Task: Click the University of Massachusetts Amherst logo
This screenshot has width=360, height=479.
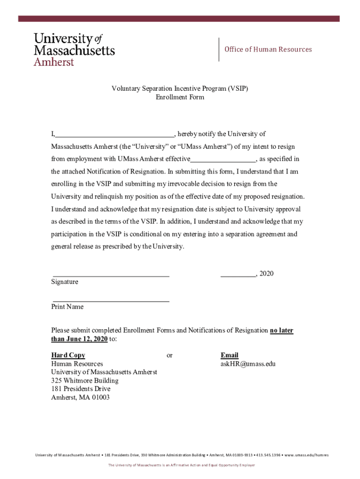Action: pos(73,49)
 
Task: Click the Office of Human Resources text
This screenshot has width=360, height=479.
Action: pos(268,50)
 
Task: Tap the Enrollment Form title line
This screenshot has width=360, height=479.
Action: pos(180,98)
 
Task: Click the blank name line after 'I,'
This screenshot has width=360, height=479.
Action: pos(115,134)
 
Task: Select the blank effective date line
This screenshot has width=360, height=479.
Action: pos(223,159)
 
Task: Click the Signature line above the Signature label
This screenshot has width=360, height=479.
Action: pos(111,276)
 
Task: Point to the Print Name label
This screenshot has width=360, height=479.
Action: pos(67,307)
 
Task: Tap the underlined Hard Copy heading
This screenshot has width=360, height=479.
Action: pos(68,356)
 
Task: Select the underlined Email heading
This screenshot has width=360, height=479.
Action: pos(230,356)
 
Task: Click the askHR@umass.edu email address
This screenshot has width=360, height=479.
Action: pos(248,363)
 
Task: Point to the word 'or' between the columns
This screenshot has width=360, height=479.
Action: pos(169,356)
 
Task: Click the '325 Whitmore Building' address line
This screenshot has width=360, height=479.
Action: pos(85,380)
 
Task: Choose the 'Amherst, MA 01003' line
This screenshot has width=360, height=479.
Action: pos(80,398)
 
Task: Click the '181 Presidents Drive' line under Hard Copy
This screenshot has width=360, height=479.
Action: pos(81,389)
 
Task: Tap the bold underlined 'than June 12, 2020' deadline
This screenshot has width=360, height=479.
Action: pos(79,339)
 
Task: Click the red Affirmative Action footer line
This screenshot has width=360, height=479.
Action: pos(181,465)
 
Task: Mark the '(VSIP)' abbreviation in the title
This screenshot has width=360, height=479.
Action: pos(238,88)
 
